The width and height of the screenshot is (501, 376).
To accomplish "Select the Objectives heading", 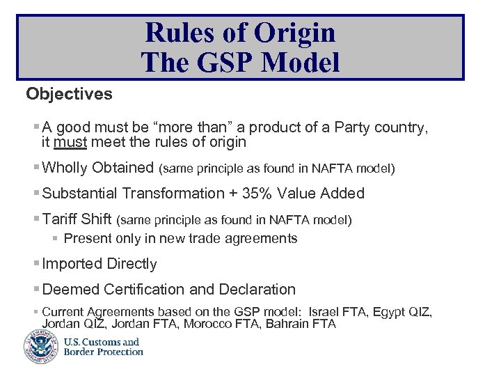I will [x=69, y=94].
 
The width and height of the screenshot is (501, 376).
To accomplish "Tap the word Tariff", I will [x=60, y=220].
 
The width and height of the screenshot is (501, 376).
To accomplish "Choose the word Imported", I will [x=72, y=264].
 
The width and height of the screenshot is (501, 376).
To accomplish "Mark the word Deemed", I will [x=70, y=289].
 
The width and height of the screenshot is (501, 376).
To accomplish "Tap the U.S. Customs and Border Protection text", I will [x=103, y=347].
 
